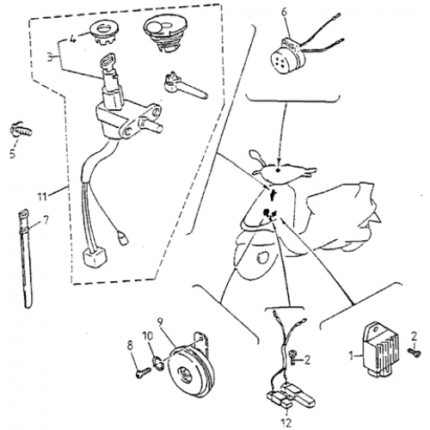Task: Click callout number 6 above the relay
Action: pos(287,11)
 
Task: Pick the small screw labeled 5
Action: pos(17,131)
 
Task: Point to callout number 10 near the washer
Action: pos(146,336)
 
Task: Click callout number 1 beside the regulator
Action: pos(349,354)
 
